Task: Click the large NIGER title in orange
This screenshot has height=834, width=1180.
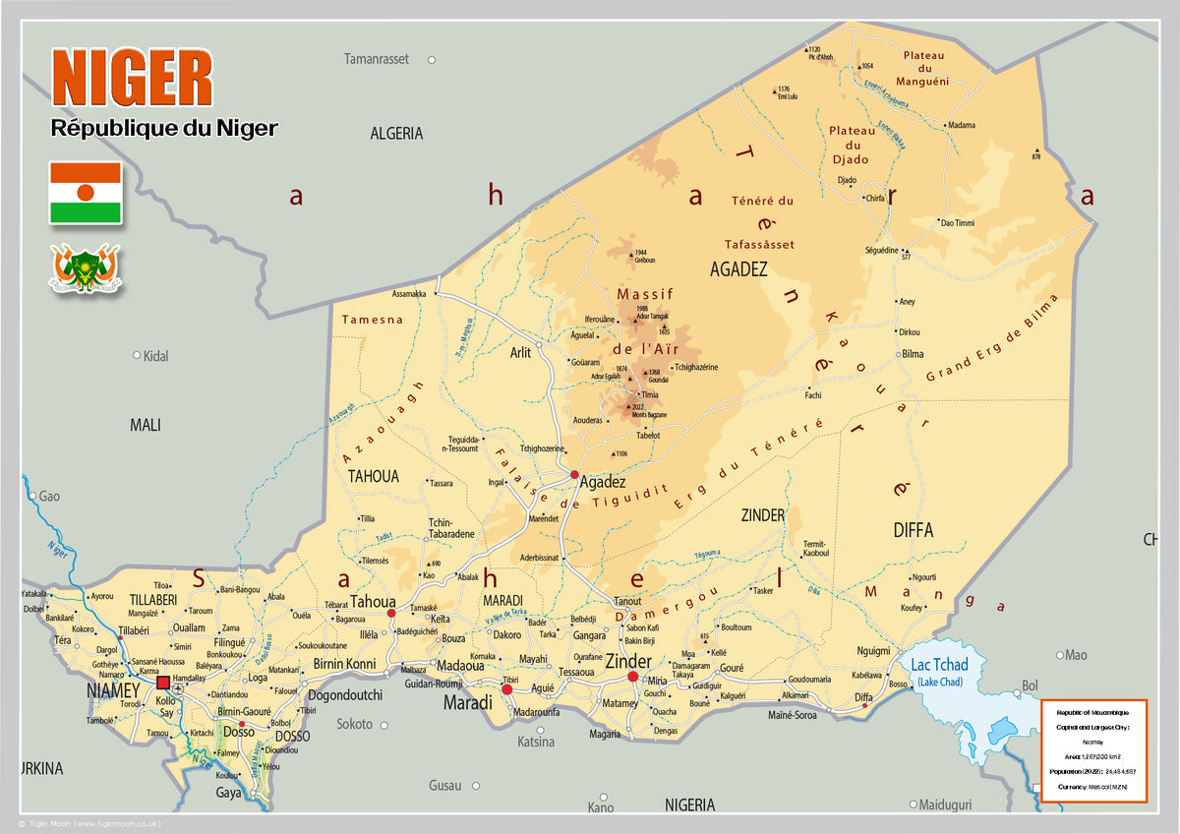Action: click(x=132, y=79)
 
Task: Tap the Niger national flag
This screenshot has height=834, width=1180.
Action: click(x=86, y=193)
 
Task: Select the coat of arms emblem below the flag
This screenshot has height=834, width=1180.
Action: click(x=86, y=268)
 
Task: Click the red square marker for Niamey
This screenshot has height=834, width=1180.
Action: click(x=163, y=683)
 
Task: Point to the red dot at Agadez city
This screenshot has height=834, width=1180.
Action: click(x=574, y=474)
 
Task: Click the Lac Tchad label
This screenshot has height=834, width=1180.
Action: click(x=939, y=666)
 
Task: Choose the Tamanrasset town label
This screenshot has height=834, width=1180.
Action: click(x=376, y=60)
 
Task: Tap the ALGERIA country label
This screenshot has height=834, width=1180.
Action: click(x=396, y=134)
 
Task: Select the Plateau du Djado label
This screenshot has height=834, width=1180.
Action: click(x=851, y=145)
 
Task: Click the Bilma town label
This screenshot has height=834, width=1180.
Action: click(x=913, y=354)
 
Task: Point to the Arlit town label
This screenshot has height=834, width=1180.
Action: click(x=520, y=352)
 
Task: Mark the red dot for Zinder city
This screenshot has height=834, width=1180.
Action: click(x=633, y=677)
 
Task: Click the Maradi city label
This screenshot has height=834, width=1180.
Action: click(x=467, y=703)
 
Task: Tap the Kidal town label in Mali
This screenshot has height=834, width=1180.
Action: click(x=155, y=356)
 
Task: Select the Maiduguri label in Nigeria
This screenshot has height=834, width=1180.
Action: click(x=945, y=805)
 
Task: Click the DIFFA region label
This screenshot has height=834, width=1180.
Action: click(x=913, y=530)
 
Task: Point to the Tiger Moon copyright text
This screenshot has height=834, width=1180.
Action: click(x=89, y=823)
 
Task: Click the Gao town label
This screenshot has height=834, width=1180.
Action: click(x=49, y=497)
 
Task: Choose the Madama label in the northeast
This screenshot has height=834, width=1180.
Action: click(x=962, y=126)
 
